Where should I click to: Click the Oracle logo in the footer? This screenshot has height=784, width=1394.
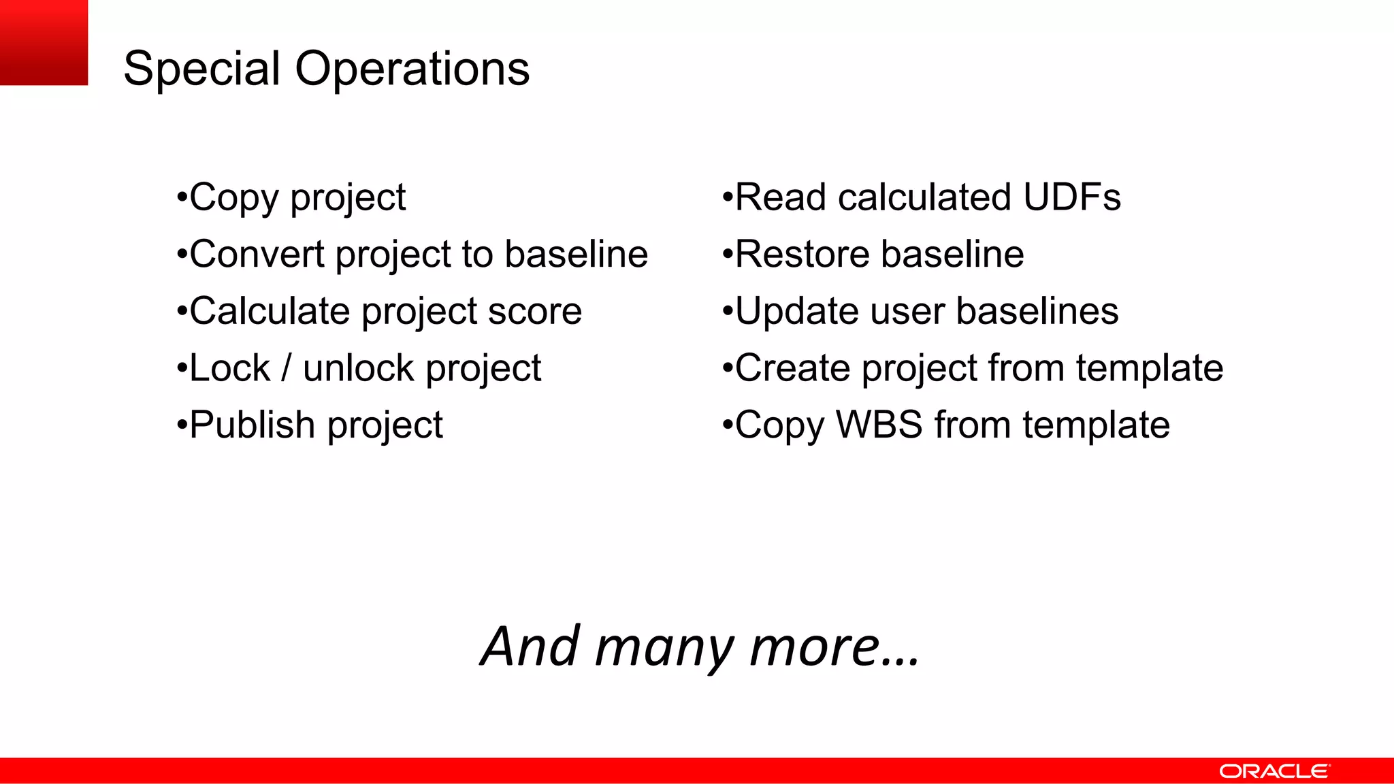click(1274, 771)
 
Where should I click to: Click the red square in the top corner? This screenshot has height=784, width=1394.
click(44, 42)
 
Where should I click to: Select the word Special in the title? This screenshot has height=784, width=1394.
click(201, 69)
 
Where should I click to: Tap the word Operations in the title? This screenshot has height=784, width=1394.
click(412, 69)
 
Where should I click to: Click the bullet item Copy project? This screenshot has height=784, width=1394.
click(297, 198)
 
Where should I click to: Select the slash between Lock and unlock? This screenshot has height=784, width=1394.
click(287, 368)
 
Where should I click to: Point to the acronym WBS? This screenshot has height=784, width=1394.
click(879, 425)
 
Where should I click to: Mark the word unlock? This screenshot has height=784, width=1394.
click(358, 368)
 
